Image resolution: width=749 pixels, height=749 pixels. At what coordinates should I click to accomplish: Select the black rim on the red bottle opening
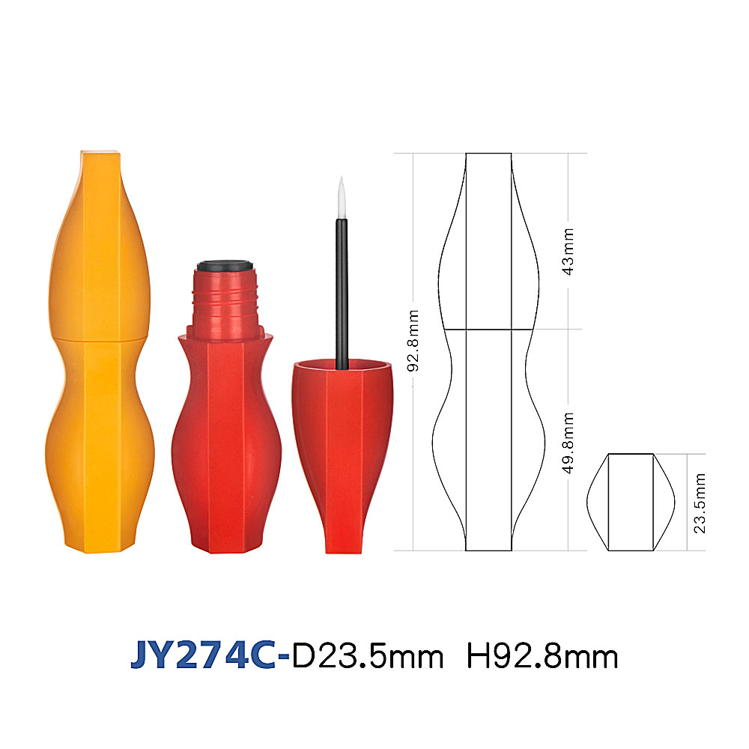click(225, 266)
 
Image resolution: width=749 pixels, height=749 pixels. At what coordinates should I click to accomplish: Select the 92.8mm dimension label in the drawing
click(413, 341)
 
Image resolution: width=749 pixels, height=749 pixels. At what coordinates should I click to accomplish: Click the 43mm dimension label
click(568, 252)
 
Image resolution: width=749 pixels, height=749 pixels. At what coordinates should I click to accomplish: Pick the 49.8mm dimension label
click(568, 443)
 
